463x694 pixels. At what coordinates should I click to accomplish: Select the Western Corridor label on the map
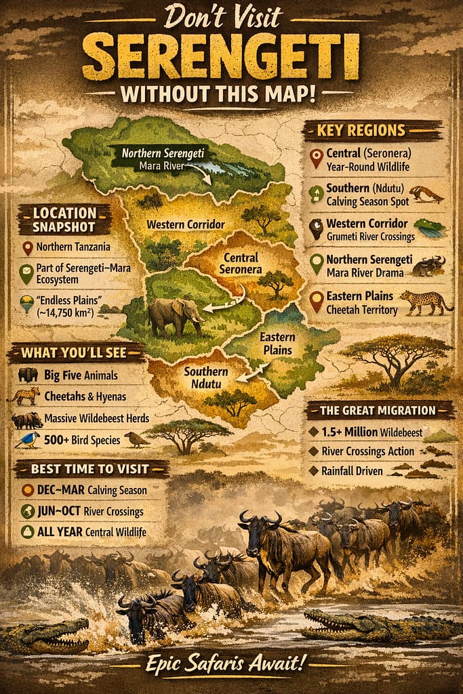tap(185, 224)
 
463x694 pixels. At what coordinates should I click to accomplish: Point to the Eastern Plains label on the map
tap(277, 343)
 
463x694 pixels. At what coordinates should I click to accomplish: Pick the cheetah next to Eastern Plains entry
tap(426, 302)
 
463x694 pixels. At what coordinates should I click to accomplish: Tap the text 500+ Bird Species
tap(83, 441)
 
